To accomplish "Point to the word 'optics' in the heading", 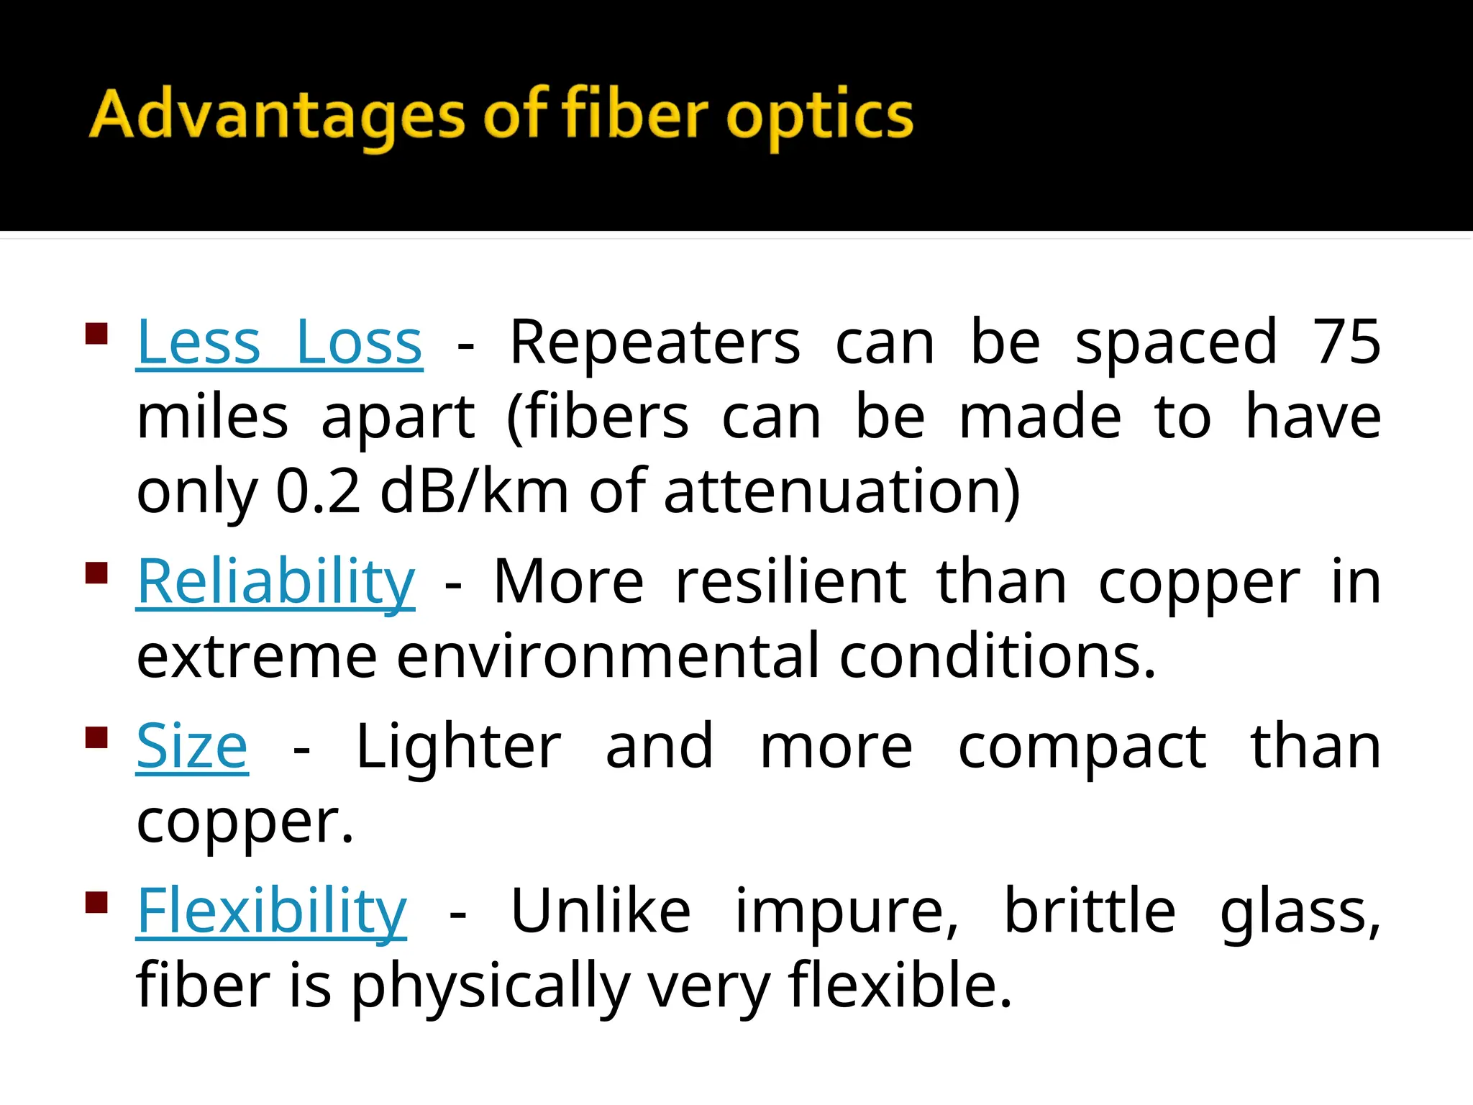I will [x=819, y=117].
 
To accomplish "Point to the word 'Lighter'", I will [x=458, y=746].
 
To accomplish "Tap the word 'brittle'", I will [x=1089, y=911].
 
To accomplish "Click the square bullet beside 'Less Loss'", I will [x=96, y=335].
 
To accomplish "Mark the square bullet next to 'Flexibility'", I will [x=96, y=902].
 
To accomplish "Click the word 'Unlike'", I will [x=601, y=911].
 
